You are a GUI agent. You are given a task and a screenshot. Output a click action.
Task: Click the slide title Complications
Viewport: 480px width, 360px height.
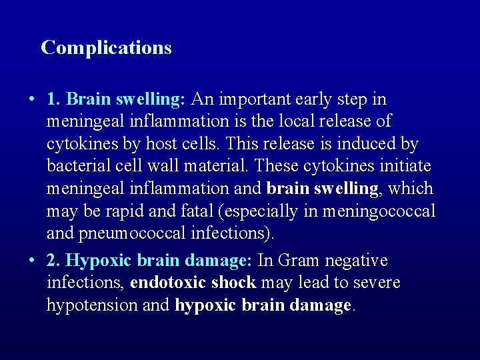tap(106, 47)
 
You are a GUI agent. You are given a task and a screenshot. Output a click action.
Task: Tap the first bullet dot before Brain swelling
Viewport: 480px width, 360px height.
tap(31, 100)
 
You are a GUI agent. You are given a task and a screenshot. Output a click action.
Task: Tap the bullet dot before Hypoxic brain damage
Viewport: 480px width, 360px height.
tap(31, 261)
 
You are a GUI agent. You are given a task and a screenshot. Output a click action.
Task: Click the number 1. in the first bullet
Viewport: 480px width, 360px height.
tap(55, 99)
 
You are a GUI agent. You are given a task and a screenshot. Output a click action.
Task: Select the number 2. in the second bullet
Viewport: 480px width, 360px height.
tap(55, 260)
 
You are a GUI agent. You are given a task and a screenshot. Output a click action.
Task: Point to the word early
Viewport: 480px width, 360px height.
tap(314, 99)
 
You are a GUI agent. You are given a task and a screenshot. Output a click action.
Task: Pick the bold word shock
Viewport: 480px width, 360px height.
tap(233, 282)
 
